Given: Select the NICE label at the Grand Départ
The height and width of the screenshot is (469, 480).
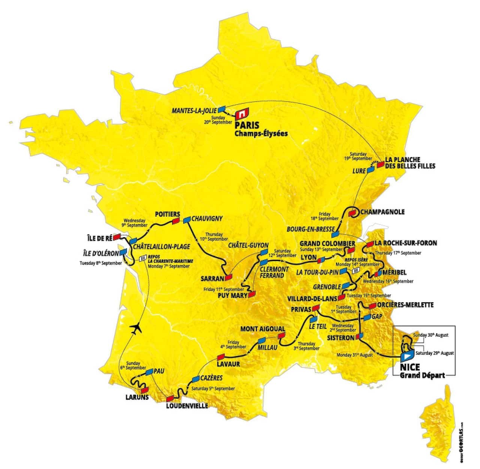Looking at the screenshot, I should tap(409, 367).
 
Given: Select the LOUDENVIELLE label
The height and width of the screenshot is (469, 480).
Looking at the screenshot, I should tap(187, 406).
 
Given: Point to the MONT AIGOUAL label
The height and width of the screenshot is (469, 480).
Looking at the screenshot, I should tap(262, 329).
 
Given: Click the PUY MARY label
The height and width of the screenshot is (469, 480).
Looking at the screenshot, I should tap(232, 296).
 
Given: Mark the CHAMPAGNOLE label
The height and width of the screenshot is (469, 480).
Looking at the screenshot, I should tap(382, 212).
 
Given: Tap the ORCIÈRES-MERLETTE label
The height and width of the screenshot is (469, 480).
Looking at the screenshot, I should tap(405, 305).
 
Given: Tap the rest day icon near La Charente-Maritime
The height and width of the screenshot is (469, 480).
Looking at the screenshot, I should tap(142, 258).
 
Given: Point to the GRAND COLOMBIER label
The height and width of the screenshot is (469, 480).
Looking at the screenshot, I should tap(327, 244).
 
